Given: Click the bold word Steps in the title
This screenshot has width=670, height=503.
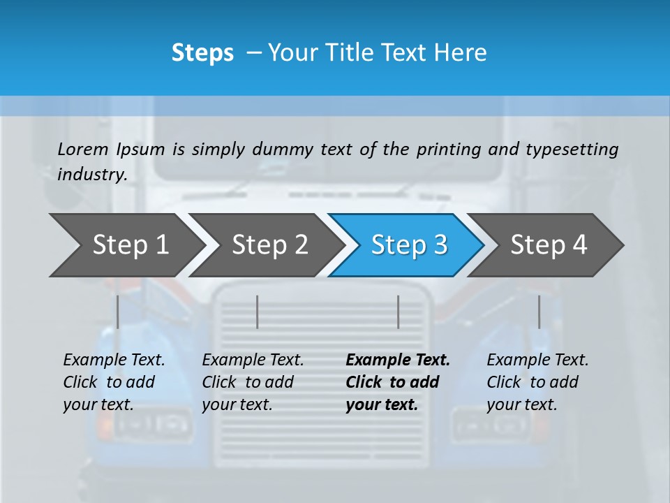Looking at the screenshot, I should (x=202, y=53).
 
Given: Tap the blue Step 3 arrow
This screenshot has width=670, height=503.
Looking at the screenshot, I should (x=409, y=245).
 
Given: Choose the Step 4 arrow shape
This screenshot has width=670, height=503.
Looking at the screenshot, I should (x=549, y=245).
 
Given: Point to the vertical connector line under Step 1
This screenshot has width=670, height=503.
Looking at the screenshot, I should (x=118, y=312).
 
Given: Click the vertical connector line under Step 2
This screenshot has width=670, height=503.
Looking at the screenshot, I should (x=258, y=312).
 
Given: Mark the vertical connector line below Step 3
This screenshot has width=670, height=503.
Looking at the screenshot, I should (x=399, y=312).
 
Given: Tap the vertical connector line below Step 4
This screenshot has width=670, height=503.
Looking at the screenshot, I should (x=539, y=312).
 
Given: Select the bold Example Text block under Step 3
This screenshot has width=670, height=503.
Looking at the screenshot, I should (x=398, y=382).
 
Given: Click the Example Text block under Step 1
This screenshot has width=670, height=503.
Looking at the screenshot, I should (x=114, y=382).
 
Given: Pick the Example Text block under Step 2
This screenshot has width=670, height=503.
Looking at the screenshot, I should (x=253, y=382).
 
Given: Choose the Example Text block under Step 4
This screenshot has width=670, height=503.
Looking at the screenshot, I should (x=537, y=382).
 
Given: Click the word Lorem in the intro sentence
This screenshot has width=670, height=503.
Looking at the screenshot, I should (x=83, y=150).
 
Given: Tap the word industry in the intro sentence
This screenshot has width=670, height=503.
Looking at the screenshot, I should (x=92, y=175).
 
